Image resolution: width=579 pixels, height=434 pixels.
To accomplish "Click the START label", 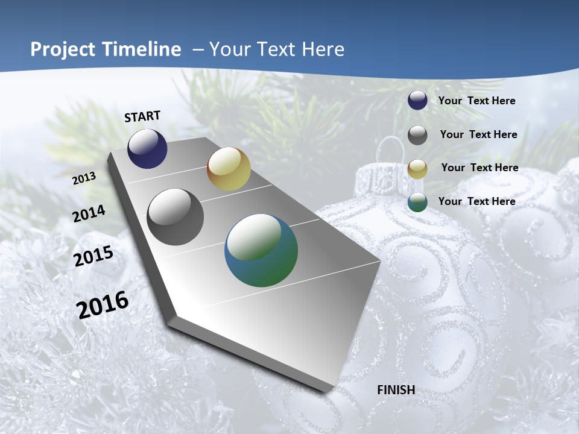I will pos(142,116).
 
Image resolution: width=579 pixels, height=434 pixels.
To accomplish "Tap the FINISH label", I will pos(396,390).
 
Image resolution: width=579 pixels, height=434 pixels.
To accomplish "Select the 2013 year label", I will pos(84,178).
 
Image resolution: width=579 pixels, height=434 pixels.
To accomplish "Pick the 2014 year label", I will pos(89,213).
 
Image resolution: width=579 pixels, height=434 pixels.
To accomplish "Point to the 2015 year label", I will pos(93,256).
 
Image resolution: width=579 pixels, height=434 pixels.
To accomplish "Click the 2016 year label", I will pos(103,305).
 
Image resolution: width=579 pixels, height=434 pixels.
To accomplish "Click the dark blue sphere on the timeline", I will pos(147,149).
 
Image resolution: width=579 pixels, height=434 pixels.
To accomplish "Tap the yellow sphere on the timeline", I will pos(229,169).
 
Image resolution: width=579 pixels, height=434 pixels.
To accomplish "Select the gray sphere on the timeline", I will pos(176,217).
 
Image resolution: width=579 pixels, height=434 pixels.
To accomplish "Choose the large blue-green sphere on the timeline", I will pos(261,250).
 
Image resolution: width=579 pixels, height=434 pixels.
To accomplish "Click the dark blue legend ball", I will pos(417,101).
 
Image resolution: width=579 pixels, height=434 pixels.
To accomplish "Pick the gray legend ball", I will pos(417,135).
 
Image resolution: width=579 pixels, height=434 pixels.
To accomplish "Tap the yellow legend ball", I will pos(417,169).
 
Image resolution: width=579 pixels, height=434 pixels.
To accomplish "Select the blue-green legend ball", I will pos(417,202).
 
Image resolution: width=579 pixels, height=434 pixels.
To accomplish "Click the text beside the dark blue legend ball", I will pos(476,101).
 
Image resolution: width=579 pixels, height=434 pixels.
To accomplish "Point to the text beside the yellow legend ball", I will pos(479,168).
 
